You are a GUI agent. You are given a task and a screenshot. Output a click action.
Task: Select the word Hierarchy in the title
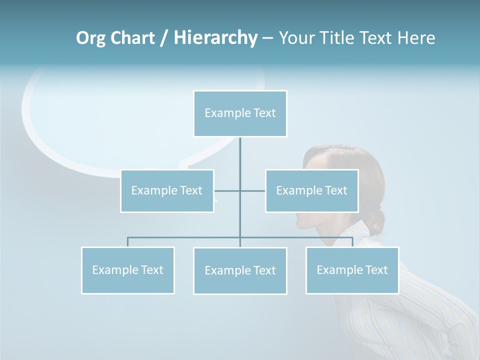coord(215,38)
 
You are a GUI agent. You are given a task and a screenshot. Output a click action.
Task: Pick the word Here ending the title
coord(416,38)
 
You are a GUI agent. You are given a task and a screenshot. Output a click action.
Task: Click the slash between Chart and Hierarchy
coord(164,38)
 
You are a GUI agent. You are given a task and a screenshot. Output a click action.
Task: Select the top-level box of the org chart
coord(240,113)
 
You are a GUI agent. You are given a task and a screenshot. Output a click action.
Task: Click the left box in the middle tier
coord(167,191)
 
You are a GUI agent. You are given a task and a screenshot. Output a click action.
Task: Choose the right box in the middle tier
coord(311,191)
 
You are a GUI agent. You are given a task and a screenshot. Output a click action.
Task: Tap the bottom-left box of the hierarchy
coord(128,270)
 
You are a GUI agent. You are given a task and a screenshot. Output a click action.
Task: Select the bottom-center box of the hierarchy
coord(240,271)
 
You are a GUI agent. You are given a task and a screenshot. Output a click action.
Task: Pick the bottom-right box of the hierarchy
coord(352,270)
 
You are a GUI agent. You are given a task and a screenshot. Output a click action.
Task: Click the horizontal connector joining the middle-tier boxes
coord(252,191)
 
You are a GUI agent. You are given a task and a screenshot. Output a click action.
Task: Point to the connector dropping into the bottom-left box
coord(128,242)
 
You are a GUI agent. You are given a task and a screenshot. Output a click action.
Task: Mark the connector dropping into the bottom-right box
coord(352,242)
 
